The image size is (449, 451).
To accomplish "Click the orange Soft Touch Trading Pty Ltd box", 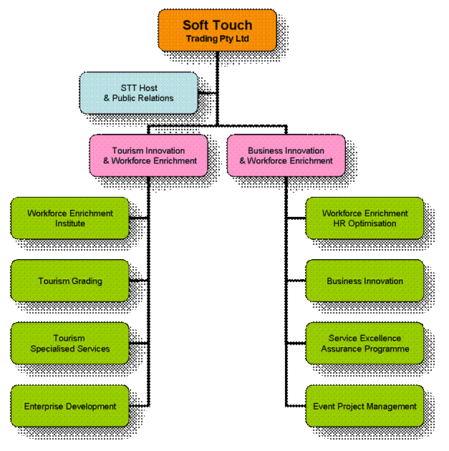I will tap(217, 30).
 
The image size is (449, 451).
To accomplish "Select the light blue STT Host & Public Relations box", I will tap(138, 92).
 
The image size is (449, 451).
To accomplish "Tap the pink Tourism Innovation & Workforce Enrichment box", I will tap(148, 155).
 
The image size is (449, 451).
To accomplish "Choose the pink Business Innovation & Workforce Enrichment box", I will tap(286, 155).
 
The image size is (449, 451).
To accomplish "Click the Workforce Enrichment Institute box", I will tap(70, 218).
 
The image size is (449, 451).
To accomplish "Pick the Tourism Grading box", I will tap(70, 281).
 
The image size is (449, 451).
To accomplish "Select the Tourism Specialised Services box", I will tap(70, 344).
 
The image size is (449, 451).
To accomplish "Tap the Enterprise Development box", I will tap(70, 406).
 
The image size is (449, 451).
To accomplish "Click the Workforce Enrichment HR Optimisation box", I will tap(364, 218).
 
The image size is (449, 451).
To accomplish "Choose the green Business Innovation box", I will tap(364, 281).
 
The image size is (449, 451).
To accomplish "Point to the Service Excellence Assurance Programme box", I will tap(364, 344).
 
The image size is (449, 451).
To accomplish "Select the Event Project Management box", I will tap(364, 406).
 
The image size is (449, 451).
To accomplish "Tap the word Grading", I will tap(86, 281).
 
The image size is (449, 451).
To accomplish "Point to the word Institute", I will tap(70, 223).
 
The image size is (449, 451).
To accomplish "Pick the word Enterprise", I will tap(44, 407).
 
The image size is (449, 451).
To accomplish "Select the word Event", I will tap(324, 407).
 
